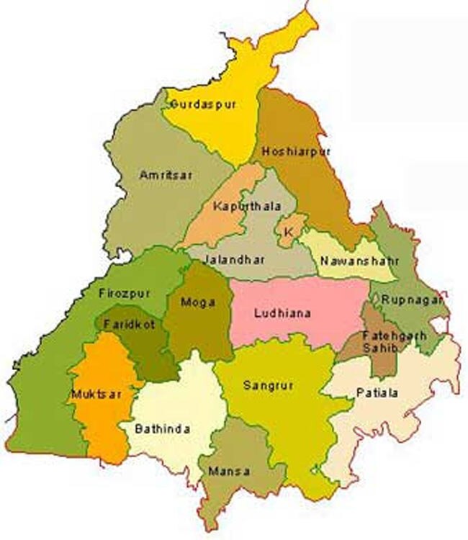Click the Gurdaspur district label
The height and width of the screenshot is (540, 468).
click(x=202, y=104)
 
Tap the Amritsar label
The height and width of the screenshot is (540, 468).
click(x=167, y=175)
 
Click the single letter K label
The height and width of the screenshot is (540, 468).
click(x=289, y=232)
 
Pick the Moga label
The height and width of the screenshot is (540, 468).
click(x=199, y=302)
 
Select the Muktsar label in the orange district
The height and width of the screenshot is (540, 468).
click(x=92, y=395)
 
